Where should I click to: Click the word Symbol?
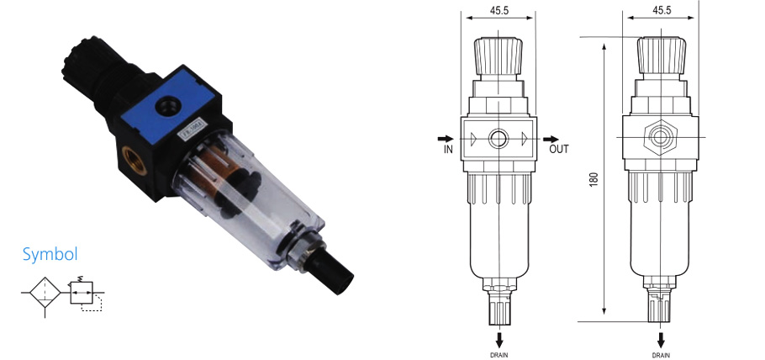coord(50,254)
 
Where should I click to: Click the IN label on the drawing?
coord(448,150)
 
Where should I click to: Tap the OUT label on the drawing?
coord(559,150)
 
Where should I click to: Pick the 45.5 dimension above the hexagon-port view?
coord(662,11)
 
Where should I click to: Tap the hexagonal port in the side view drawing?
coord(661,137)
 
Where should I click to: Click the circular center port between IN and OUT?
coord(500,138)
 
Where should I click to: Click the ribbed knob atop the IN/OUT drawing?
coord(500,56)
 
